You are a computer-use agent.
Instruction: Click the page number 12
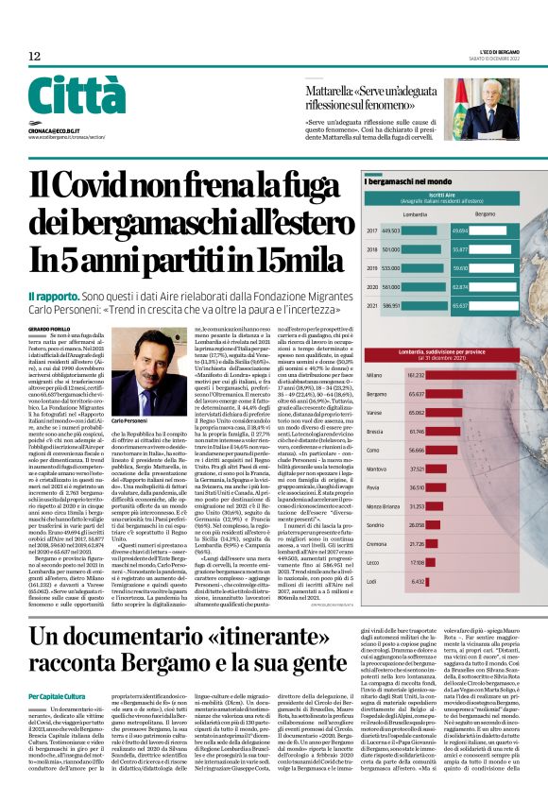tap(34, 57)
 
